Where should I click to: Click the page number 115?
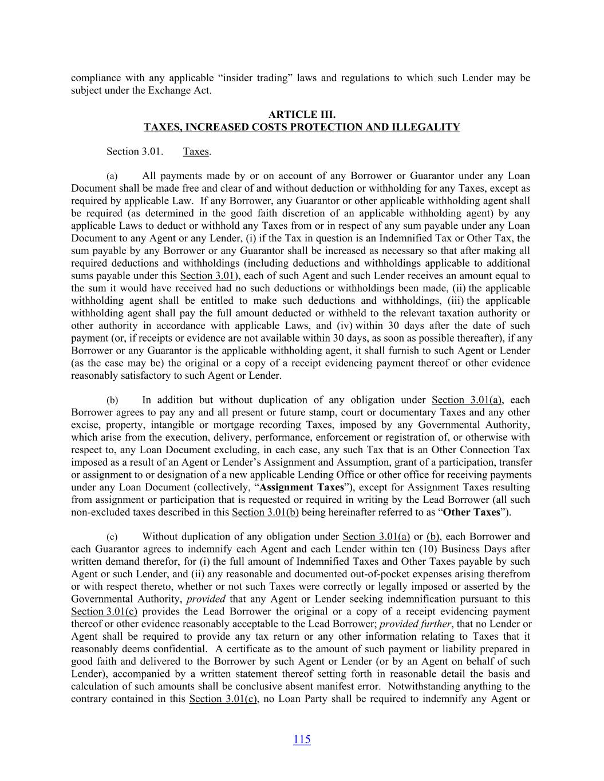coord(302,739)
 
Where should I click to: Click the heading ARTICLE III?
coord(302,115)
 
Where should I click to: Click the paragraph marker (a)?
coord(112,176)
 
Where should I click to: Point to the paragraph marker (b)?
coord(112,401)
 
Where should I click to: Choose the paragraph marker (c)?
coord(112,537)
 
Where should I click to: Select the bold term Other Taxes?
coord(471,512)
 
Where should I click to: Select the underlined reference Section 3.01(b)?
coord(265,512)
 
